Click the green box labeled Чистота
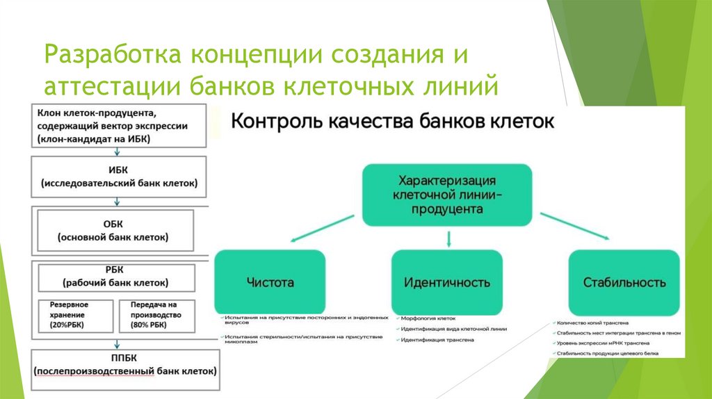point(270,282)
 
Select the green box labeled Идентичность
point(447,282)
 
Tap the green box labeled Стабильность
point(624,282)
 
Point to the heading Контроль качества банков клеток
point(391,122)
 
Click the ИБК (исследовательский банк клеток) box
point(119,177)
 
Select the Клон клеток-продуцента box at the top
point(120,125)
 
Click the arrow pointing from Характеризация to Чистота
point(324,228)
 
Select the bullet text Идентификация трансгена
point(437,340)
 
